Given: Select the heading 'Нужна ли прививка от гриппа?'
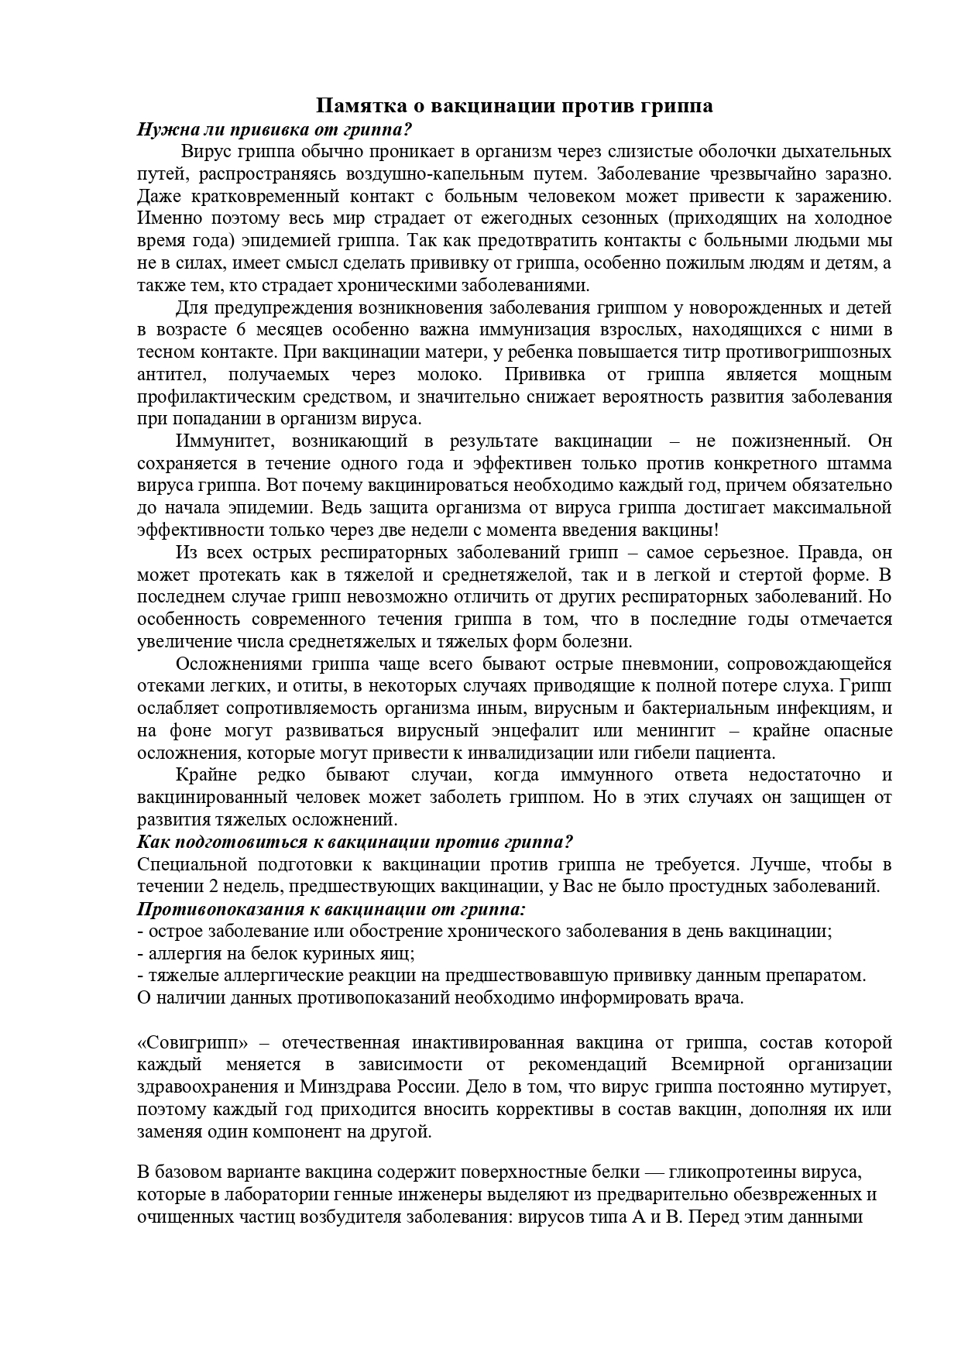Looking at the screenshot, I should pos(274,129).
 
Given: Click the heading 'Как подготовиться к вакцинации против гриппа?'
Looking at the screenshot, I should pos(355,842).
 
